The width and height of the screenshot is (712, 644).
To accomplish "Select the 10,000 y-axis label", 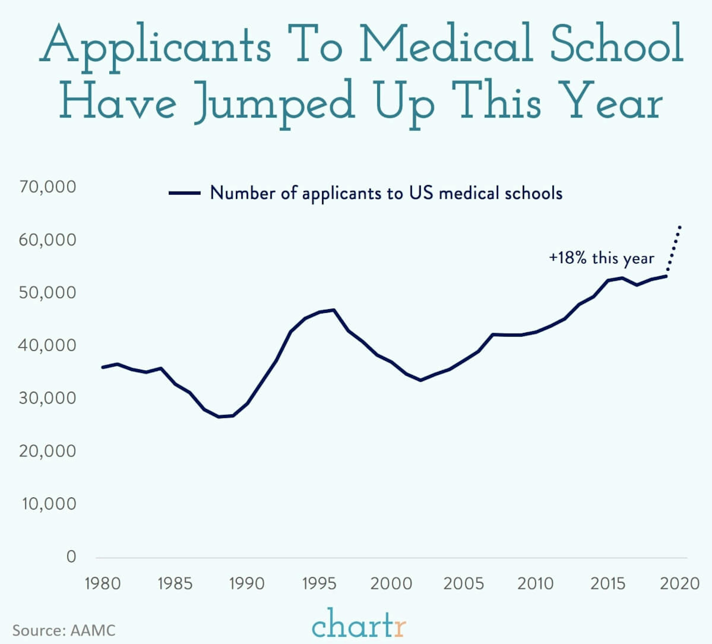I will [49, 504].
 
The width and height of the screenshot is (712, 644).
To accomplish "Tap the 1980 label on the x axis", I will [103, 584].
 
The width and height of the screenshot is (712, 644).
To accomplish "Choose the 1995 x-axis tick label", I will [319, 584].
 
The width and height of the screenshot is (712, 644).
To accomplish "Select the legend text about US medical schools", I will [386, 193].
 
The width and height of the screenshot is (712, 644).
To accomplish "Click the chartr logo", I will [359, 625].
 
